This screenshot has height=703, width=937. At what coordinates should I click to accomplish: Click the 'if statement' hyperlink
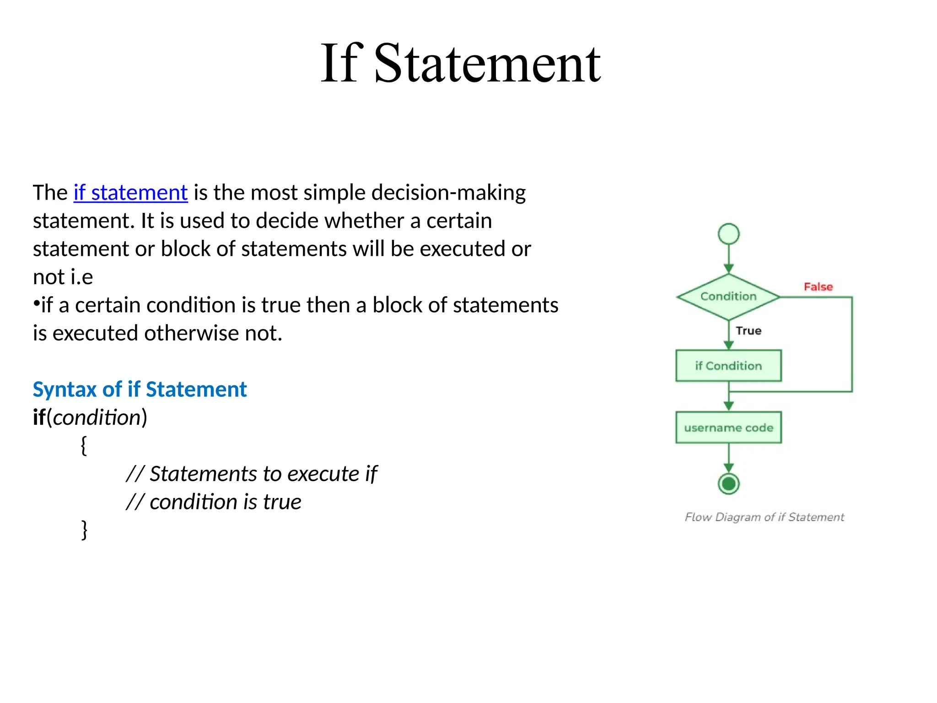pos(131,193)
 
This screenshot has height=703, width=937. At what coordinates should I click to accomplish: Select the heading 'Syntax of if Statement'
pos(140,389)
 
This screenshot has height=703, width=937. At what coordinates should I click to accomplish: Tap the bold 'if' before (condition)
pos(39,417)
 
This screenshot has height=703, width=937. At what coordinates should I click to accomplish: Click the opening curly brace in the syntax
pos(84,445)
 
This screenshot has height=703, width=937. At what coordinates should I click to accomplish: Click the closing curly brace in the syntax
pos(84,530)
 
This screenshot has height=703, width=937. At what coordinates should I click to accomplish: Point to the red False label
pos(818,287)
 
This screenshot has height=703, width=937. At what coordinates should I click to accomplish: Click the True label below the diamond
pos(749,331)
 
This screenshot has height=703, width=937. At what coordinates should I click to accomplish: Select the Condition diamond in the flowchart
pos(728,297)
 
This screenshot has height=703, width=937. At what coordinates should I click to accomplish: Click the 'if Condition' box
pos(728,366)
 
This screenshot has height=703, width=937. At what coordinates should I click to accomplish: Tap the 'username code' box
pos(728,428)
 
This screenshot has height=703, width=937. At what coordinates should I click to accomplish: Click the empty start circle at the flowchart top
pos(729,234)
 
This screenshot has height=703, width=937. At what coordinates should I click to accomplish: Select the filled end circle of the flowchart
pos(729,483)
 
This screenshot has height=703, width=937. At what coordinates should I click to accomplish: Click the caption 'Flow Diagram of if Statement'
pos(764,517)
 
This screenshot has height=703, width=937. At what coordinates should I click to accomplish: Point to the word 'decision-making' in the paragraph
pos(448,193)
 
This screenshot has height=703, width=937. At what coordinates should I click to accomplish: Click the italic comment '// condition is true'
pos(214,502)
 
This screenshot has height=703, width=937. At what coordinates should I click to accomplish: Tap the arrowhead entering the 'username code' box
pos(729,406)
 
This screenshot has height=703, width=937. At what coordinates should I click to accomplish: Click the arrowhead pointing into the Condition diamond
pos(729,269)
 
